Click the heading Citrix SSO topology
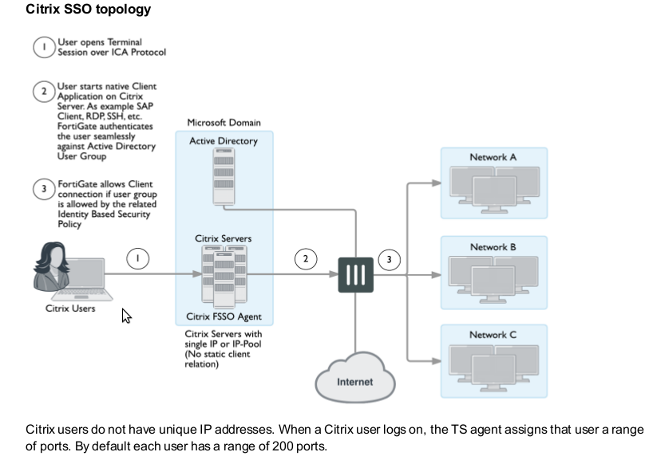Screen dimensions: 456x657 (x=88, y=10)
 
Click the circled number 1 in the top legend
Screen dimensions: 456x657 (x=44, y=47)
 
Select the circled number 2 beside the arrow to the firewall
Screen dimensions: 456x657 (x=305, y=258)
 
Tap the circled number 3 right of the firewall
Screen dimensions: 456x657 (x=389, y=258)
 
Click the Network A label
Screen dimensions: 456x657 (x=493, y=157)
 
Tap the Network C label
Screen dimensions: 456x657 (x=493, y=335)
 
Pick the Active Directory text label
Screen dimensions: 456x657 (x=224, y=141)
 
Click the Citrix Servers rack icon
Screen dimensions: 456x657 (x=224, y=276)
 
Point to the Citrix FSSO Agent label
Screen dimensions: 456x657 (x=224, y=317)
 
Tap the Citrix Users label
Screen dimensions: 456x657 (x=70, y=309)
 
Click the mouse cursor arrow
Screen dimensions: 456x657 (x=125, y=316)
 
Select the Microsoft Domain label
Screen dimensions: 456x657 (x=224, y=123)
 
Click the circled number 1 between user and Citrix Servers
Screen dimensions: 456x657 (x=138, y=258)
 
